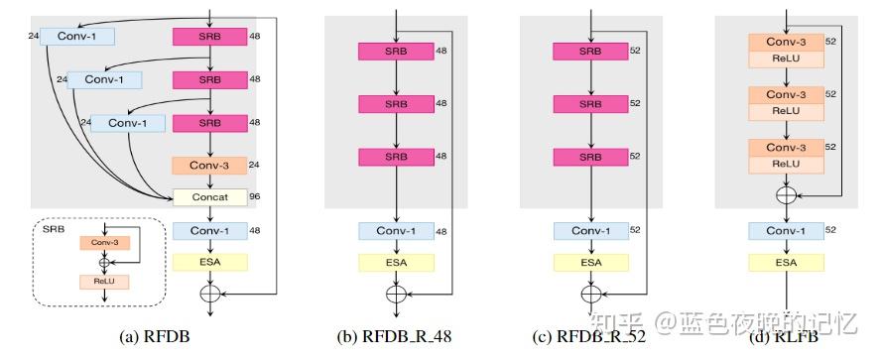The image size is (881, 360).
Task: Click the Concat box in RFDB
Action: (209, 196)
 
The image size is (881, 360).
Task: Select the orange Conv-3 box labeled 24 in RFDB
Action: (209, 166)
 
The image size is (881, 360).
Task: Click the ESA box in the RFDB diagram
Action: (209, 262)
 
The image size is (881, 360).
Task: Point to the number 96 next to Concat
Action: (255, 196)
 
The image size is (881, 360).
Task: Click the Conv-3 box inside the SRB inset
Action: (104, 242)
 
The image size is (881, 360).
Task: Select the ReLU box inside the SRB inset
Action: (104, 282)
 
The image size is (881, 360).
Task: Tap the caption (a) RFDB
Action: (154, 336)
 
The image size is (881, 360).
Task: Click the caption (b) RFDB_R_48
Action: (394, 336)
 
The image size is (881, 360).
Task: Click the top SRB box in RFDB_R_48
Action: (395, 52)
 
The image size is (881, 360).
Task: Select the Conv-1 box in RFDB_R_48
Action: (395, 231)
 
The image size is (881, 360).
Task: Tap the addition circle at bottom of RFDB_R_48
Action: (395, 294)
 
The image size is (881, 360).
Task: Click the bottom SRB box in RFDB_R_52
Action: (590, 156)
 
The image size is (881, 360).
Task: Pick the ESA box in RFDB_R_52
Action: (590, 262)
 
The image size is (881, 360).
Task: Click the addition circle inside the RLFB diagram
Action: (787, 196)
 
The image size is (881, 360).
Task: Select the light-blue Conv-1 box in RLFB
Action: (787, 231)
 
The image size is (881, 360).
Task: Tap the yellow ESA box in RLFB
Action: (787, 262)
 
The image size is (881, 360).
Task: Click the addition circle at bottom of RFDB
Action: (209, 294)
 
